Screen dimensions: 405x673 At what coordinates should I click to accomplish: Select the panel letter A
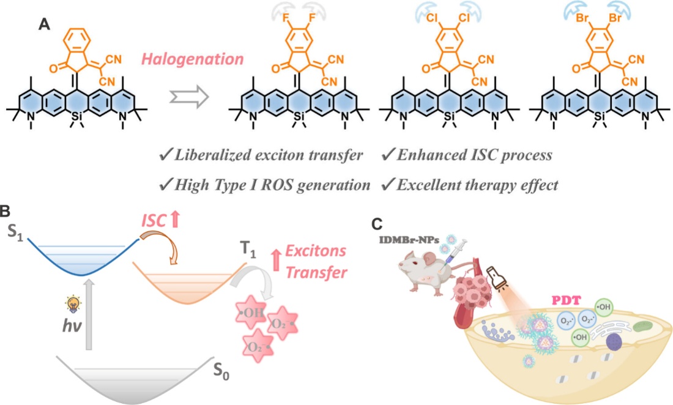click(44, 24)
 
